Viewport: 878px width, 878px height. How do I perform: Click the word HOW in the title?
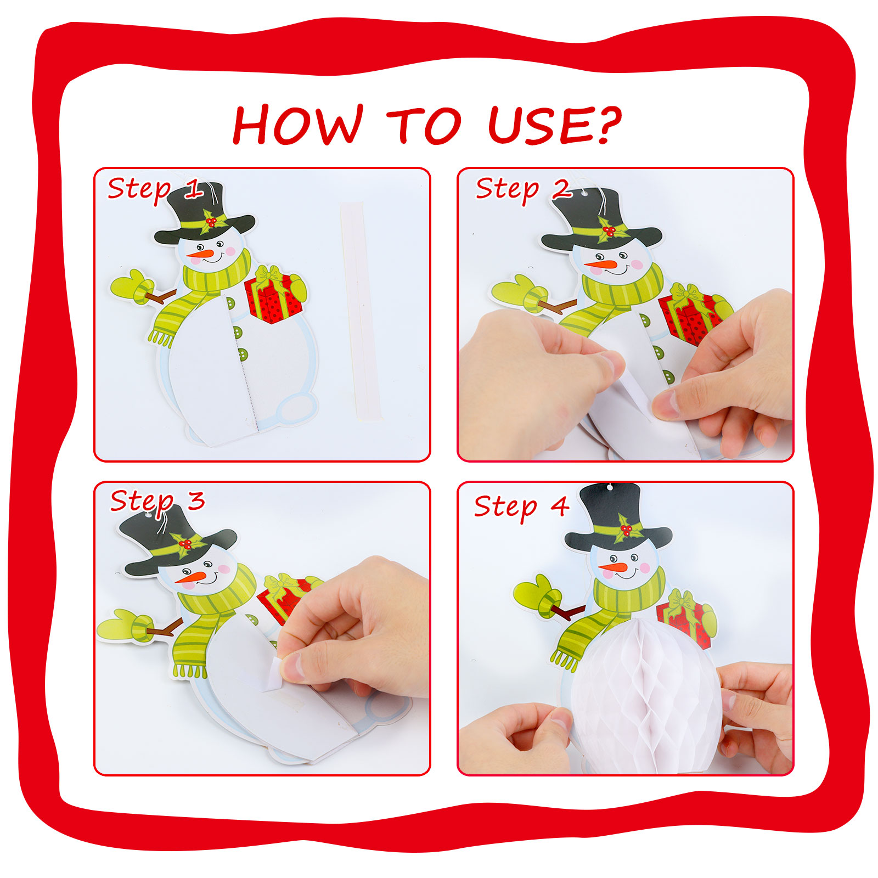tap(298, 125)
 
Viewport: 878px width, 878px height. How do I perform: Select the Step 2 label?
tap(524, 189)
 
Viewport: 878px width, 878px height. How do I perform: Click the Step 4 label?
tap(521, 506)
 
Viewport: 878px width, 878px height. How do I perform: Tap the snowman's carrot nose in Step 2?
tap(600, 265)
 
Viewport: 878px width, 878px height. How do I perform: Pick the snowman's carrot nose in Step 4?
tap(612, 567)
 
